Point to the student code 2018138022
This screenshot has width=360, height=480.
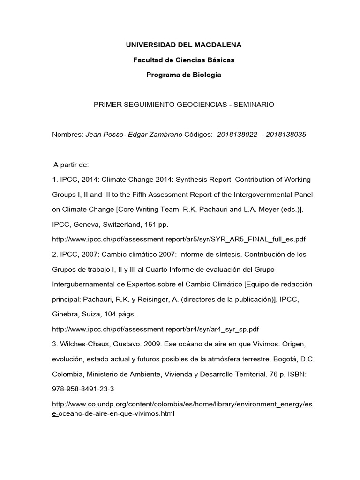(x=238, y=135)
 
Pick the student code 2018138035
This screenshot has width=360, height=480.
(x=286, y=135)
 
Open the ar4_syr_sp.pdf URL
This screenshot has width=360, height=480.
(x=155, y=329)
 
